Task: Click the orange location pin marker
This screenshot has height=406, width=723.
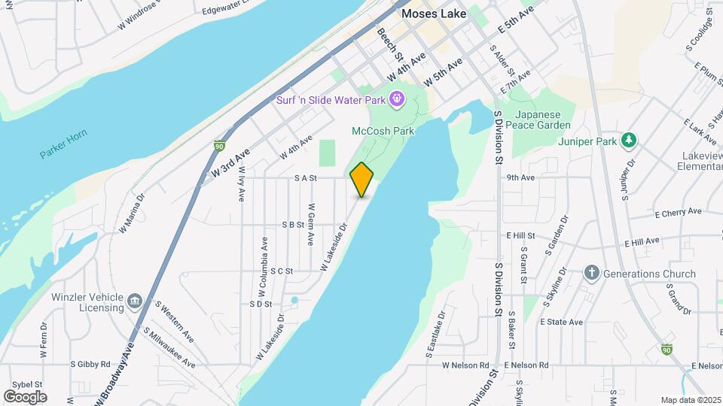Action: click(x=361, y=180)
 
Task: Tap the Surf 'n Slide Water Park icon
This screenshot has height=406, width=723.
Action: click(x=396, y=98)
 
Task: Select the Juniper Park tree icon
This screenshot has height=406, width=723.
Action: click(x=628, y=141)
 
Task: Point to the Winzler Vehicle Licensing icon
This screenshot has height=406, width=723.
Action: click(x=135, y=301)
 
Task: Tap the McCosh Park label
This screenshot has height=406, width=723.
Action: click(x=383, y=131)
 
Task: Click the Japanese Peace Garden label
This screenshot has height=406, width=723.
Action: click(x=542, y=119)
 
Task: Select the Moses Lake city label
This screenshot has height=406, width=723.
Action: click(x=433, y=14)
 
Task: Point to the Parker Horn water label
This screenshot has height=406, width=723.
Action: click(x=63, y=144)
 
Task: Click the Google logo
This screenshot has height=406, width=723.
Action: click(x=25, y=396)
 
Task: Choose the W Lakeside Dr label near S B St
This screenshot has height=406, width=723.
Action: click(x=334, y=247)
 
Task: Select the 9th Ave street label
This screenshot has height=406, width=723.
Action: click(x=520, y=178)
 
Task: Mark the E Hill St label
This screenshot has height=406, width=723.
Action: click(x=520, y=235)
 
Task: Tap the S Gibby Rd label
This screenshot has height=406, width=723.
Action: click(x=90, y=364)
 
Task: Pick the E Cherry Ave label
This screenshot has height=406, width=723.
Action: click(x=678, y=213)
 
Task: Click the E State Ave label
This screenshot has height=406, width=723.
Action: click(x=561, y=322)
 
